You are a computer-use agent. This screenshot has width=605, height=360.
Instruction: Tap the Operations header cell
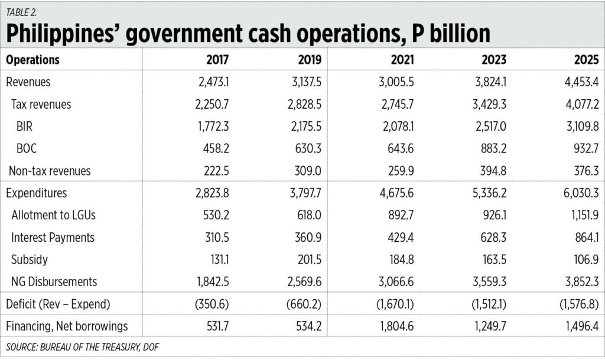point(32,60)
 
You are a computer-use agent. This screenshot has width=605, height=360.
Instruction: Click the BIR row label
point(25,127)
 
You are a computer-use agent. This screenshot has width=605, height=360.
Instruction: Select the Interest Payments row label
point(53,238)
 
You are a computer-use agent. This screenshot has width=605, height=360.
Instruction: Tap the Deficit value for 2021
point(391,304)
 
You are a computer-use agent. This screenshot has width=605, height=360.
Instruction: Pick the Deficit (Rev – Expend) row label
point(58,304)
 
